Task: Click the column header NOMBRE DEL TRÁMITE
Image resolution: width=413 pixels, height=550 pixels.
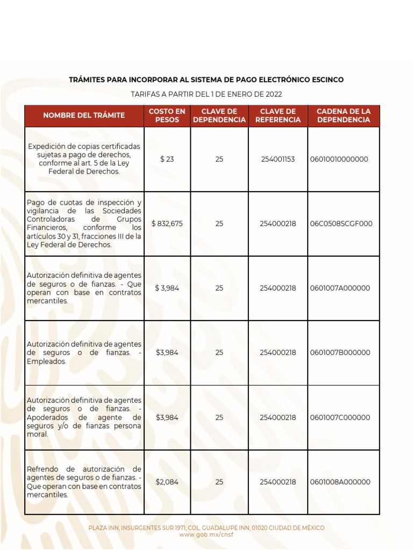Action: point(84,115)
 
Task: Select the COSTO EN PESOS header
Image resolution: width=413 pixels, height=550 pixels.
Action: point(167,115)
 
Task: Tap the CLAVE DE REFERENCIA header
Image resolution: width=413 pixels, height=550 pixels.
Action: point(277,115)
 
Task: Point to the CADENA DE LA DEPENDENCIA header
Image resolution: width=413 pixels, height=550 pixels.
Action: point(344,115)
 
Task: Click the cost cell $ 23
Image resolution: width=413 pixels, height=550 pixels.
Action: point(167,160)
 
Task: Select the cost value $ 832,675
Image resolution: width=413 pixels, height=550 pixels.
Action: point(167,223)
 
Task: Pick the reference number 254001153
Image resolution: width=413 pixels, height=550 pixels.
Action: point(277,160)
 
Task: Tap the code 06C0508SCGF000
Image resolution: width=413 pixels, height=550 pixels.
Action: point(341,223)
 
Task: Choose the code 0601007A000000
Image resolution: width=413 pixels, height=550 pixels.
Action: point(340,288)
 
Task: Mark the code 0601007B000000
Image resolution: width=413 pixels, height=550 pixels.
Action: point(340,353)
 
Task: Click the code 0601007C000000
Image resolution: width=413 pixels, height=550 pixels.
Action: point(340,417)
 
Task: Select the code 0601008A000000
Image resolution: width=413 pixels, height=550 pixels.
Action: point(340,482)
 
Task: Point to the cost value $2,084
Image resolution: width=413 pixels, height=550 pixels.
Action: point(167,482)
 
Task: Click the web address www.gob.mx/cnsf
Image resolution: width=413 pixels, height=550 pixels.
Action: point(206,535)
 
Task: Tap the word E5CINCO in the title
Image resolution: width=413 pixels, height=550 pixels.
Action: point(327,79)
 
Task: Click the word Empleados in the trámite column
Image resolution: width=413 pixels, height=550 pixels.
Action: point(47,361)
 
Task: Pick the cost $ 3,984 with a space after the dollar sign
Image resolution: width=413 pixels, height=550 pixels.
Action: point(167,288)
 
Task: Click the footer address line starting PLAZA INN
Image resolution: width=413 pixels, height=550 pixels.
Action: point(206,528)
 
